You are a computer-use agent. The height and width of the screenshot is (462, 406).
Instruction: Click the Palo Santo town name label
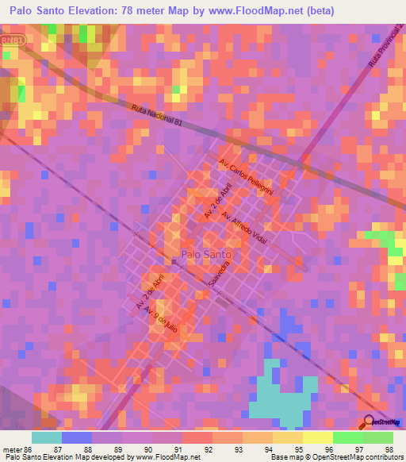click(x=207, y=254)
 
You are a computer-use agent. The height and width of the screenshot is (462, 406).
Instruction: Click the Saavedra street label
click(x=224, y=274)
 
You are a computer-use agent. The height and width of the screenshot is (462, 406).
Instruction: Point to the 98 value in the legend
click(x=388, y=449)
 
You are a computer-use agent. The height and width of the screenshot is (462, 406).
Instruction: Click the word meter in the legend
click(x=15, y=449)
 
